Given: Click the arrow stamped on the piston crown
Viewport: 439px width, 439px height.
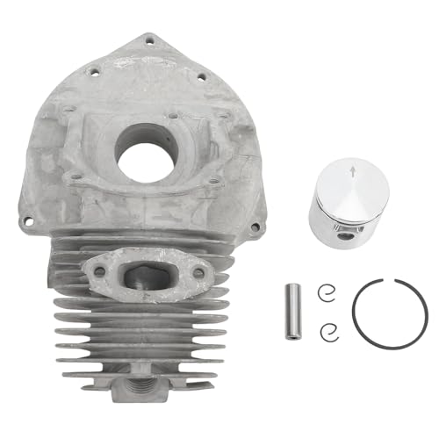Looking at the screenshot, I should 353,174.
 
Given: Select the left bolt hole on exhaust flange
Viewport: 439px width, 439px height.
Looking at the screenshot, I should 99,271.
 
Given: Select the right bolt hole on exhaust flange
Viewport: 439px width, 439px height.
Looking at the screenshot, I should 199,273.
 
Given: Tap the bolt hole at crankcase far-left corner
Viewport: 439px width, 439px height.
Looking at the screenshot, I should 43,220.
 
